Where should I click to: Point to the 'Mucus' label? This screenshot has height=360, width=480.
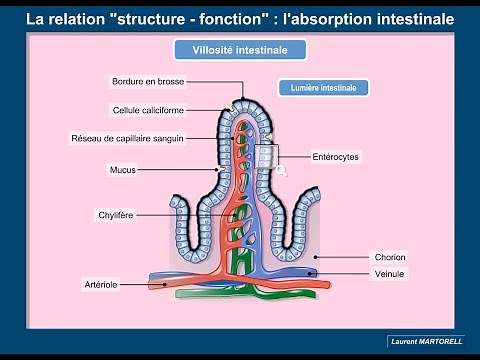click(x=122, y=170)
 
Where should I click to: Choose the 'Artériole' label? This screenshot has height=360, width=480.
click(x=102, y=284)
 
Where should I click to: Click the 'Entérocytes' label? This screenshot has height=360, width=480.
click(x=335, y=157)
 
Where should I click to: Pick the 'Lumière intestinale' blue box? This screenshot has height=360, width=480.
click(x=323, y=88)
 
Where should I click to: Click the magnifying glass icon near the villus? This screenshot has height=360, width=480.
click(x=281, y=171)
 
